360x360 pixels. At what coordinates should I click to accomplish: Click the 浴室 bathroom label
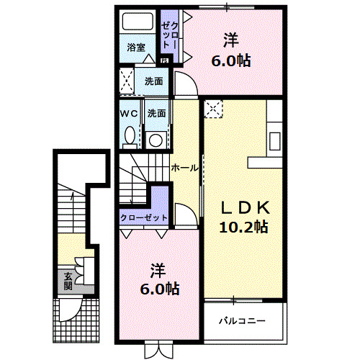click(137, 48)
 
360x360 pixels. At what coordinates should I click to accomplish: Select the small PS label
click(164, 60)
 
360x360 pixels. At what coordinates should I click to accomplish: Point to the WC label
click(130, 114)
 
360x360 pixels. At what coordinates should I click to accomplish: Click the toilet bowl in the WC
click(130, 135)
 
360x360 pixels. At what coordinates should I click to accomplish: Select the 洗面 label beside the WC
click(157, 114)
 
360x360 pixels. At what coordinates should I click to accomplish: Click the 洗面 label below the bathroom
click(153, 81)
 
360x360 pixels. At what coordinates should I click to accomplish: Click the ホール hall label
click(185, 168)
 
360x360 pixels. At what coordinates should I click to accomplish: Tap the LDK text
click(244, 208)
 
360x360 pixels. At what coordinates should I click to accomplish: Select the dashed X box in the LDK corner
click(214, 109)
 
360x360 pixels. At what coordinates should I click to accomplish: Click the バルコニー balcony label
click(243, 320)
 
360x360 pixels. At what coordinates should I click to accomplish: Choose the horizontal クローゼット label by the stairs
click(144, 217)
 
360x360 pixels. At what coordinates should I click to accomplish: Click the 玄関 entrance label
click(68, 281)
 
